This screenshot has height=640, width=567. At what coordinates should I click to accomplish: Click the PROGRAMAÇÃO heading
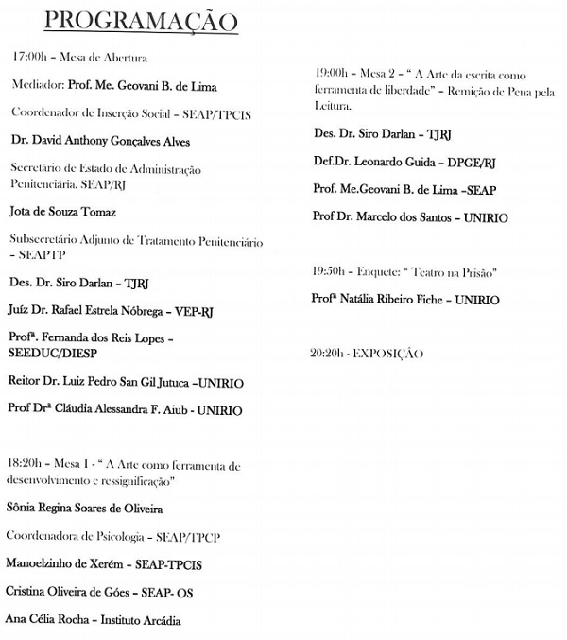(142, 21)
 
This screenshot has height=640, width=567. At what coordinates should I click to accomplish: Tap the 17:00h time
(27, 58)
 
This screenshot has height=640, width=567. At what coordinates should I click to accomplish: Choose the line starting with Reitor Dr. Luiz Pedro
(125, 384)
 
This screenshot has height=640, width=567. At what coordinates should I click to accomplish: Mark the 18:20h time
(25, 466)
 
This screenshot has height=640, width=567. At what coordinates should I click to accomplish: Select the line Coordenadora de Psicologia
(112, 536)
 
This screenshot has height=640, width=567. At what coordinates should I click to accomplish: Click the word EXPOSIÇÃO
(389, 354)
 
